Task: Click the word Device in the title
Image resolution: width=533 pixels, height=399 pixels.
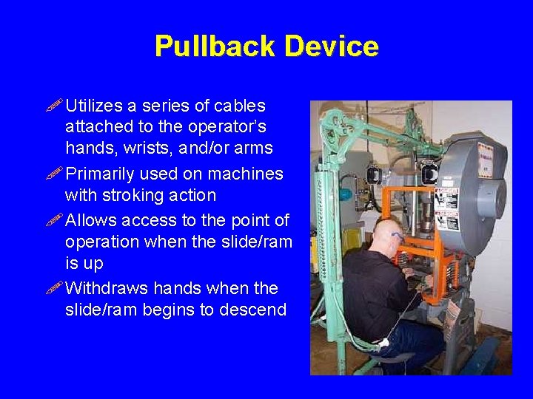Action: pos(331,47)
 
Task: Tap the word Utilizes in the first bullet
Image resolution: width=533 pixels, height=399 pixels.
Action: pos(95,106)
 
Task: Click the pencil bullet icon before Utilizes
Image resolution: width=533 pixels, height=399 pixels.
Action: pos(56,106)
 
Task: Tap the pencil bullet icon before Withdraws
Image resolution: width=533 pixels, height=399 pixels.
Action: pos(56,287)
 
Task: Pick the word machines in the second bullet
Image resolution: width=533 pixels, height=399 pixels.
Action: pos(247,174)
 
